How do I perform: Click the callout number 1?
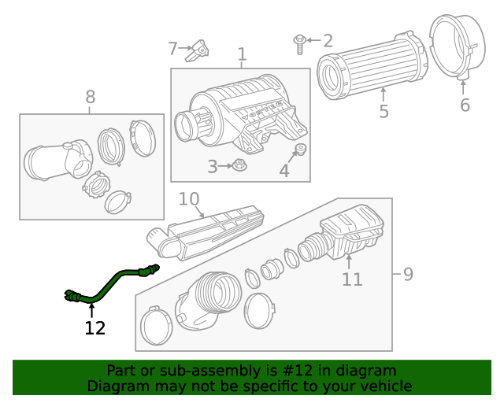(x=242, y=54)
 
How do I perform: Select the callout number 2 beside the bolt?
(x=328, y=40)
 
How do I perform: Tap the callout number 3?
(x=213, y=166)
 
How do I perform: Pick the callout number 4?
(x=284, y=170)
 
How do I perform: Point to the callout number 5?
(x=384, y=112)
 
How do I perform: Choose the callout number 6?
(x=465, y=105)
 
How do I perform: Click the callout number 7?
(x=173, y=49)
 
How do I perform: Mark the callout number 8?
(x=91, y=97)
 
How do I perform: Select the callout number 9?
(x=407, y=274)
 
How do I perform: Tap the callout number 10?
(x=189, y=199)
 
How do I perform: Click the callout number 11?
(x=352, y=279)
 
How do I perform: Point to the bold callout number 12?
(x=94, y=328)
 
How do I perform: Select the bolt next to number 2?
(x=300, y=43)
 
